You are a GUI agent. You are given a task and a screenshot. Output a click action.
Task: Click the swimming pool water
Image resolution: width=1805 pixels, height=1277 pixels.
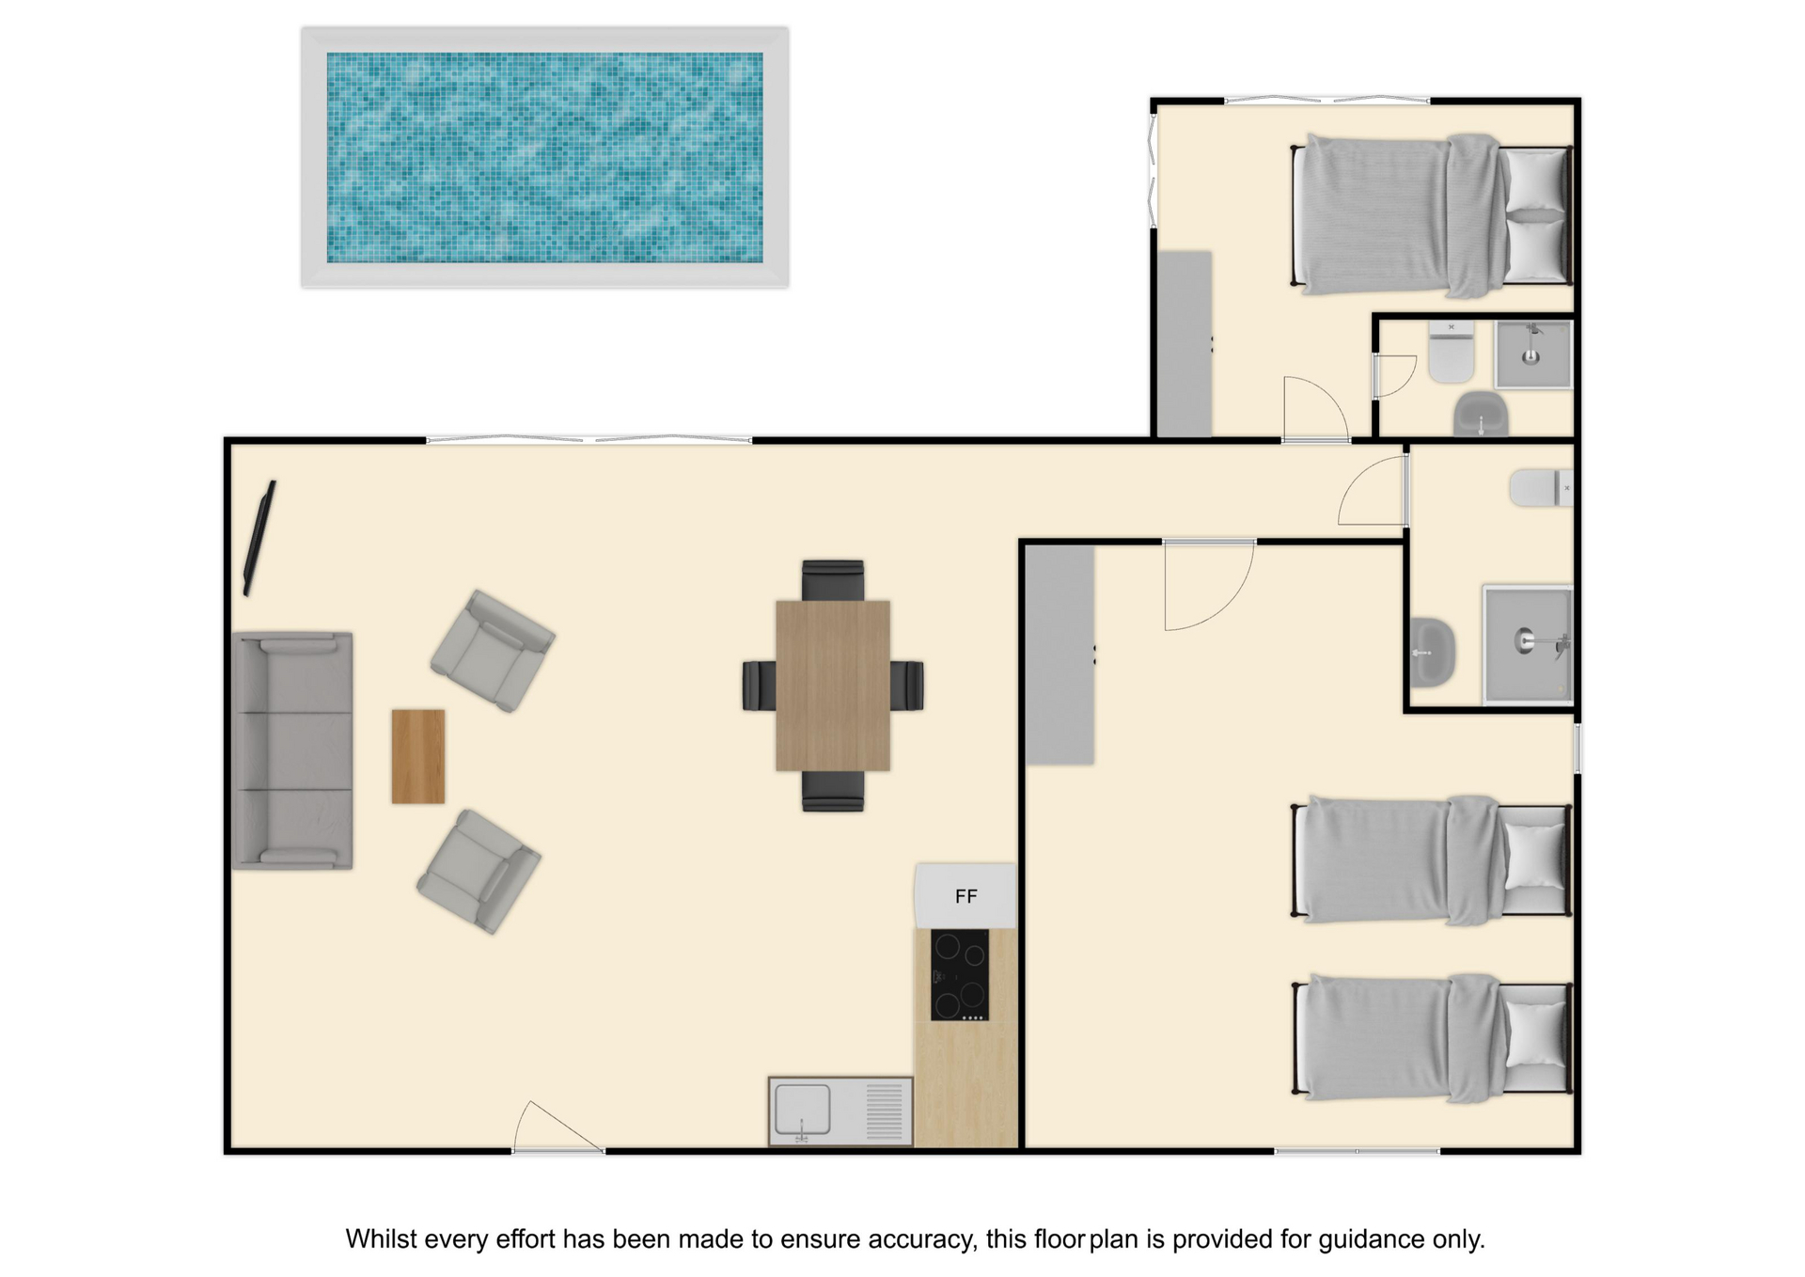click(x=544, y=157)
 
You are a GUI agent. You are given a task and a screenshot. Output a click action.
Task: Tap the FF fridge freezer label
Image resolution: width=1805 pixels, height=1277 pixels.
click(x=965, y=896)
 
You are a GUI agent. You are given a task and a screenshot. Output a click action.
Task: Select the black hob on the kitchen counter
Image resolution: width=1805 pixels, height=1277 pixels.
click(x=959, y=975)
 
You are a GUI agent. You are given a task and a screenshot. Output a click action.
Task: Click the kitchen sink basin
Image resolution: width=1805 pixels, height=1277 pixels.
click(x=802, y=1110)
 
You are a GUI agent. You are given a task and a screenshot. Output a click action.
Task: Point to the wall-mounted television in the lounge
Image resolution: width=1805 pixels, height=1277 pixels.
click(x=259, y=538)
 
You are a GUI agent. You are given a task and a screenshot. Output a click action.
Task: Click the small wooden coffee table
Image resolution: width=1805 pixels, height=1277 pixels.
click(x=418, y=756)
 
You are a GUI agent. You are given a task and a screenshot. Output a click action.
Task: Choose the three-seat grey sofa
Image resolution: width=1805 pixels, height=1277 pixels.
click(x=292, y=750)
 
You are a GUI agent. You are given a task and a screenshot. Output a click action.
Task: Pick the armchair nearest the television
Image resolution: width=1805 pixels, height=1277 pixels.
click(x=493, y=651)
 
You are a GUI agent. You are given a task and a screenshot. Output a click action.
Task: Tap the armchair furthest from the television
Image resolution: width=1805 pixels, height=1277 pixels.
click(x=479, y=872)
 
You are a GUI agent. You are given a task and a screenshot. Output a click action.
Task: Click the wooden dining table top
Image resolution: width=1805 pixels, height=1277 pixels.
click(x=833, y=686)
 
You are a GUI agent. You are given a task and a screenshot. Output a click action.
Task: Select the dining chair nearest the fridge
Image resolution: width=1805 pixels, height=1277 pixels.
click(x=833, y=791)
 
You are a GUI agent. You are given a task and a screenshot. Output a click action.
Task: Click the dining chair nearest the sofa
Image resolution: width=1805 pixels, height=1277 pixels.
click(x=760, y=686)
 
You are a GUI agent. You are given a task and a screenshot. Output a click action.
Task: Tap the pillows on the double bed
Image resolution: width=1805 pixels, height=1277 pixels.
click(x=1535, y=215)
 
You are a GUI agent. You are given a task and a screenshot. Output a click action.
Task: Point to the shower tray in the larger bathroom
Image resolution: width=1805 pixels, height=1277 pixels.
click(x=1528, y=645)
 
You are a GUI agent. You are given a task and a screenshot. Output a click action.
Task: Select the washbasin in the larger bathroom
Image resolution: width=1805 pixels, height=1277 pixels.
click(x=1433, y=652)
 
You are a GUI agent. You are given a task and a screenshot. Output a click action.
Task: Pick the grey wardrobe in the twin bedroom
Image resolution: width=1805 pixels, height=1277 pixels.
click(x=1059, y=655)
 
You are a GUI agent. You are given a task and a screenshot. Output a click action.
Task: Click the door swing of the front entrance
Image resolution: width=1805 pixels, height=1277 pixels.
click(x=558, y=1126)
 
